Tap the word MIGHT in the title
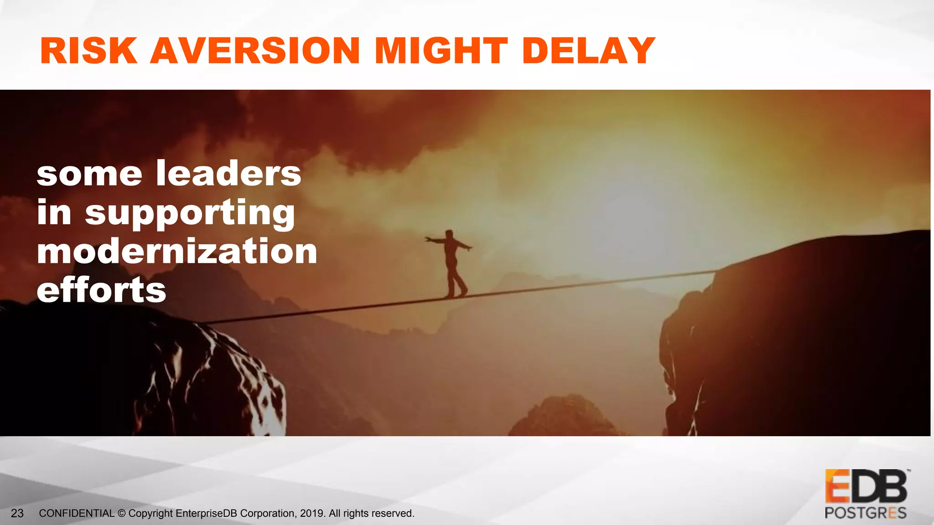click(441, 51)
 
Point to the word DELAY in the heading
click(589, 51)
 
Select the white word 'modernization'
click(177, 252)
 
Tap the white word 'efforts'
click(102, 290)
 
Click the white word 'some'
click(89, 175)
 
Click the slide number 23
click(17, 514)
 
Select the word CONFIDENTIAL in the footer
click(77, 514)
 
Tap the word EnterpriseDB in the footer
click(206, 514)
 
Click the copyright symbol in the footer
click(121, 514)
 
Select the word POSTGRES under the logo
click(865, 513)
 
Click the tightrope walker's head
click(450, 234)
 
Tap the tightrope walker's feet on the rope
click(456, 295)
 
